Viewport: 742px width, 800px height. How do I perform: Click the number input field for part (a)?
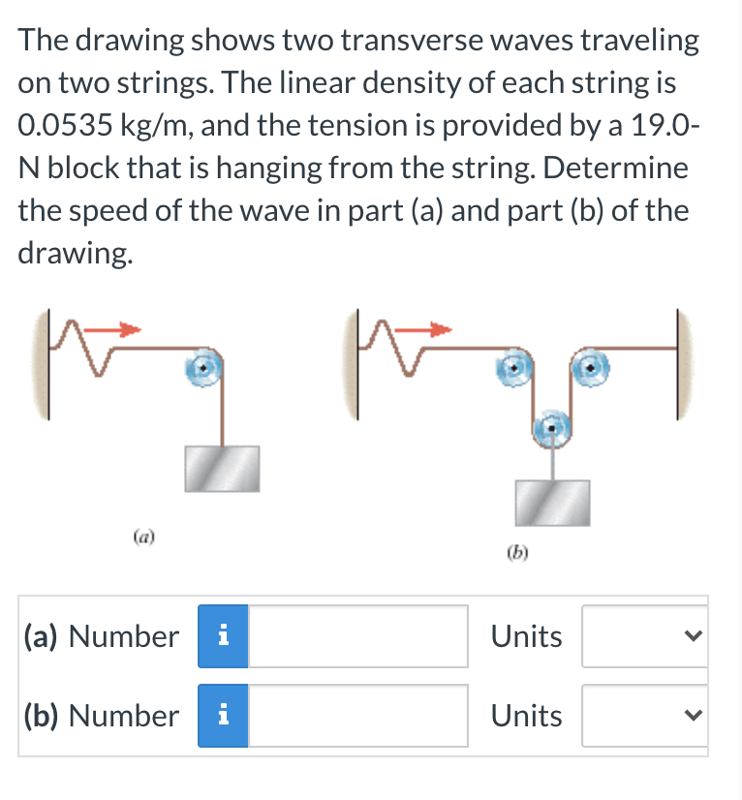point(358,636)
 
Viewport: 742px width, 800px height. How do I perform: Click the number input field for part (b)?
point(358,716)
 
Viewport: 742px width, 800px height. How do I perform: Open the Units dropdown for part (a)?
point(644,636)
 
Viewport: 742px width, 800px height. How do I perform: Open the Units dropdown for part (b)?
point(644,716)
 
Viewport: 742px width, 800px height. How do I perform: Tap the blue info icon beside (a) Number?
point(223,636)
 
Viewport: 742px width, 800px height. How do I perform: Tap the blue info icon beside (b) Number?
point(223,716)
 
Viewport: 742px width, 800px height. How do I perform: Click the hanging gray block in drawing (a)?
point(222,467)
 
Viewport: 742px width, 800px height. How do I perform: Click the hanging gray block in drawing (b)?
point(552,502)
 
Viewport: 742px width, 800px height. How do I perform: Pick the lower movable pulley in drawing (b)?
point(552,427)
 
